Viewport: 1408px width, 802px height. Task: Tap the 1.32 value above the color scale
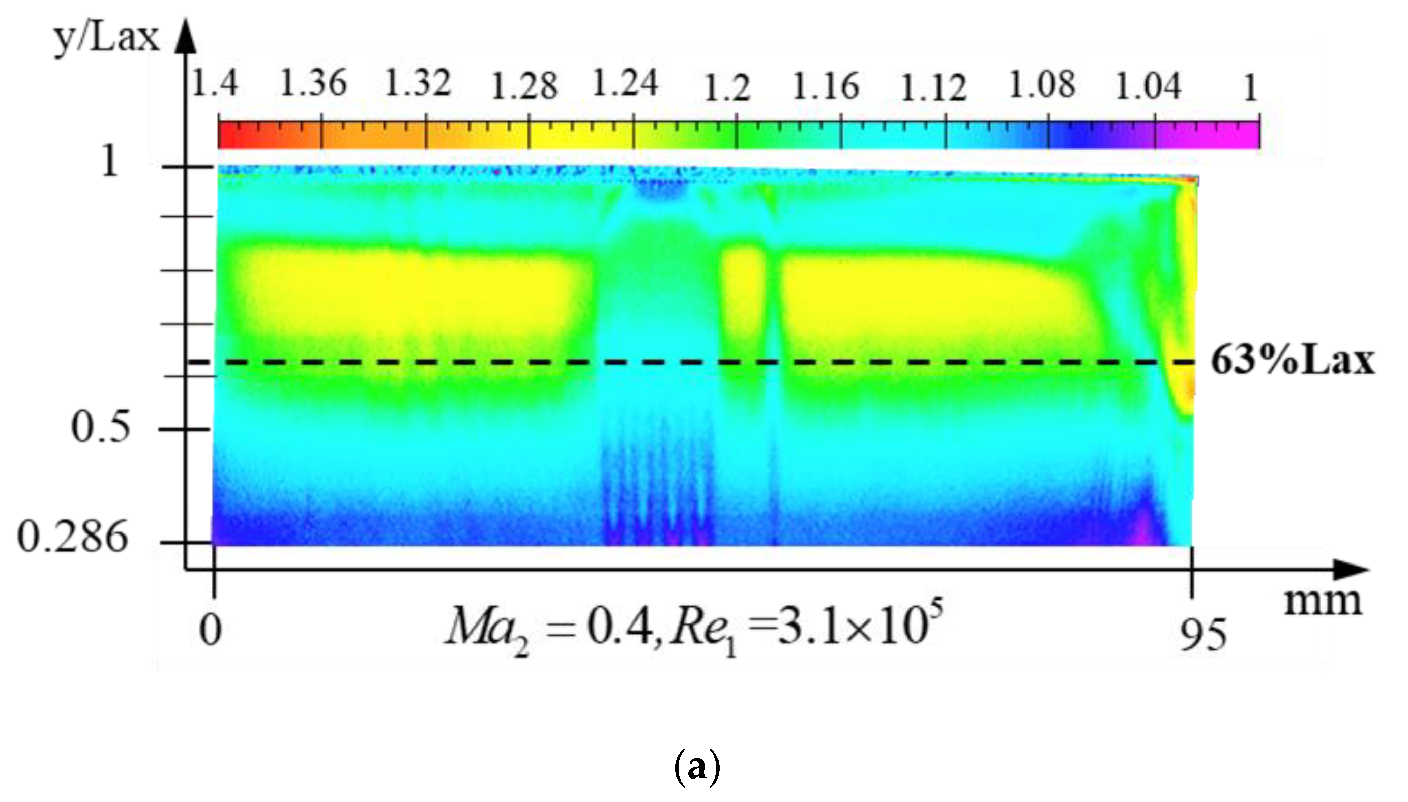(418, 84)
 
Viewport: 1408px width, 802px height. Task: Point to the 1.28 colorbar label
(524, 87)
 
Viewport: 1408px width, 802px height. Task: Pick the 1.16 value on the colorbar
(825, 87)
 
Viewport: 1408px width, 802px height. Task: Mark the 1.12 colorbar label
(933, 88)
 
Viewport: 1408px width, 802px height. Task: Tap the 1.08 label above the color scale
(1041, 85)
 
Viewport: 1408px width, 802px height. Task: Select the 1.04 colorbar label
(1148, 87)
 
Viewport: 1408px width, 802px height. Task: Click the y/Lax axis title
(106, 39)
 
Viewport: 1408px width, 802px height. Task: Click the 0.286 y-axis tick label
(73, 537)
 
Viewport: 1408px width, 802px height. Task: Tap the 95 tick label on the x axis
(1203, 635)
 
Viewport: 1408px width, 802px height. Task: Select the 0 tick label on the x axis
(211, 631)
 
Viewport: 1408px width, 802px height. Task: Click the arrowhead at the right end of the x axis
(1355, 569)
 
